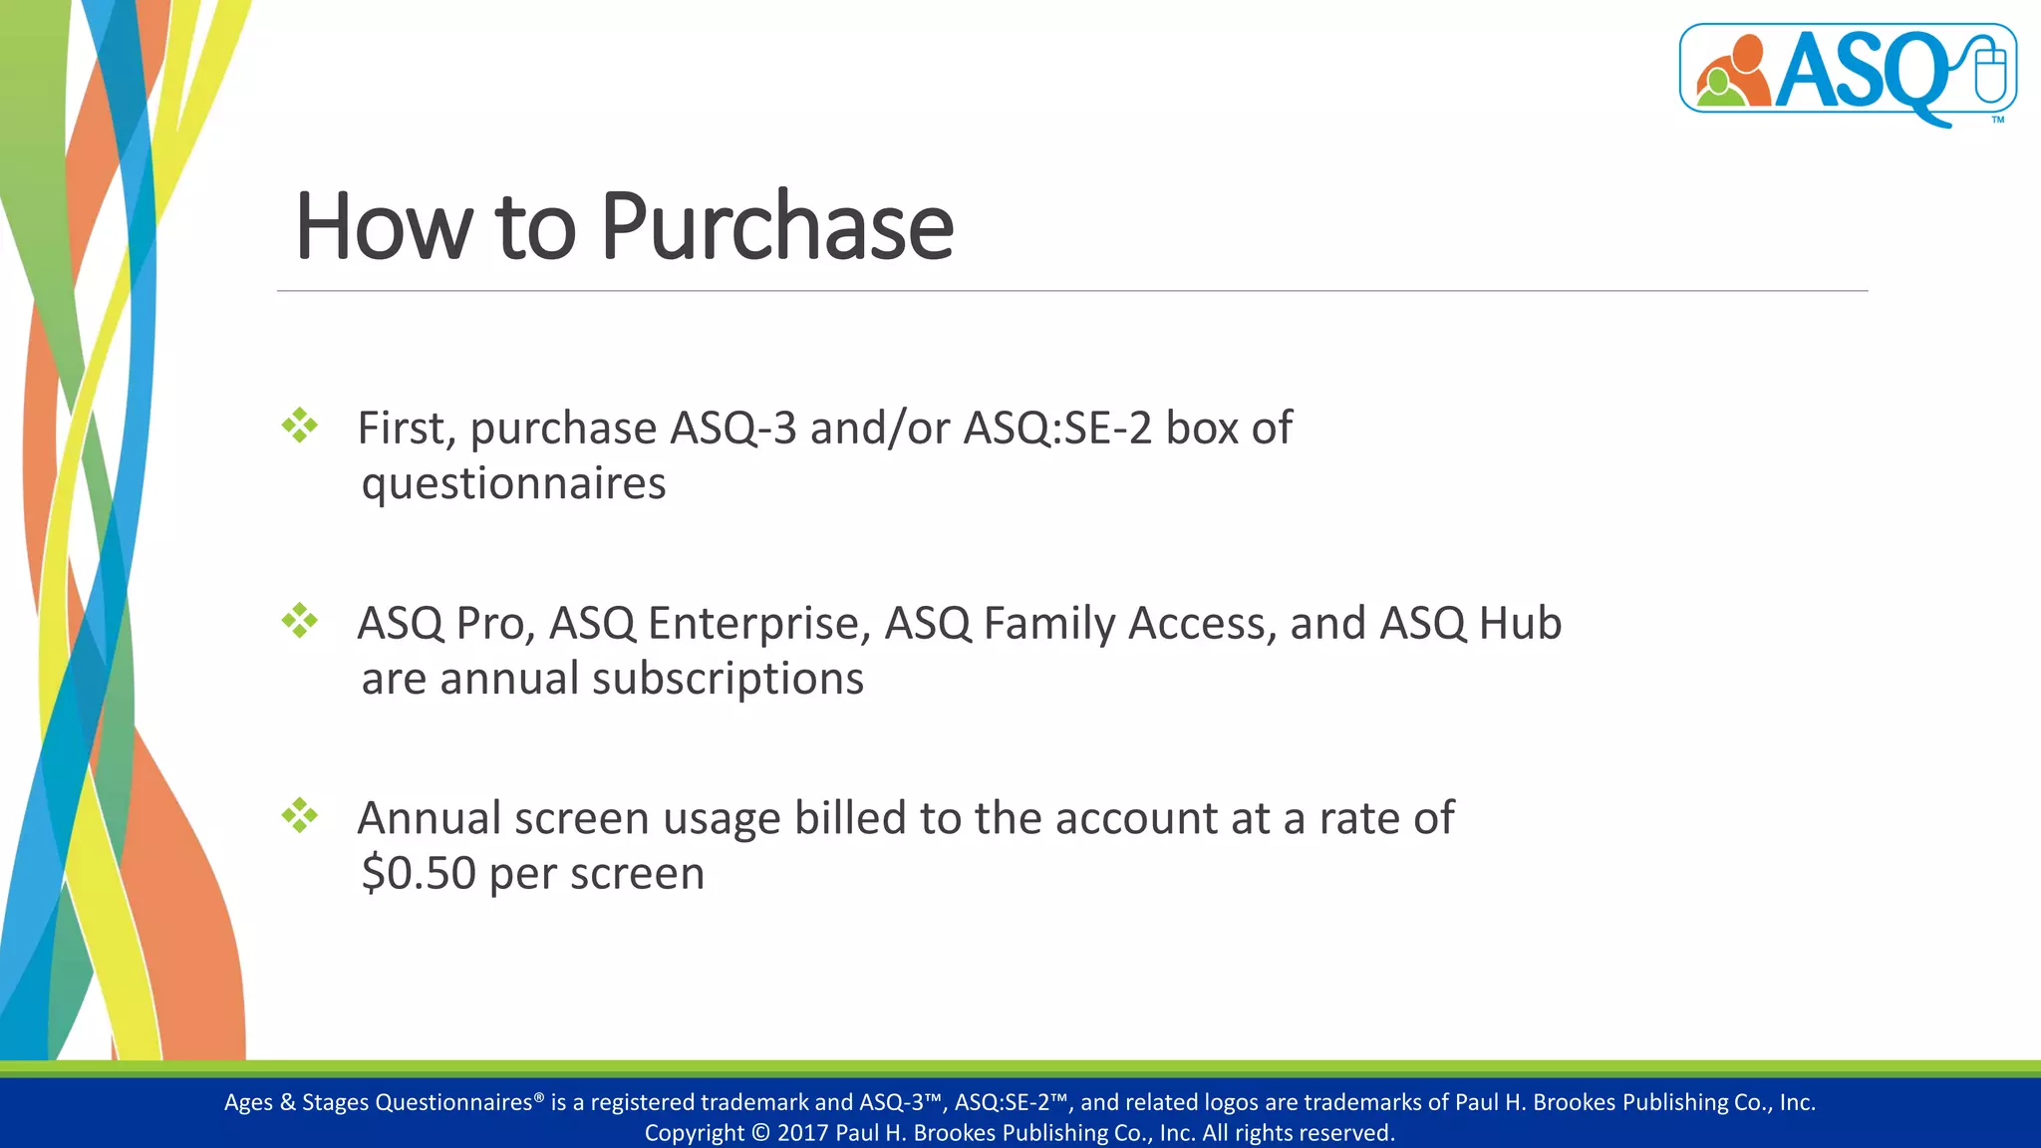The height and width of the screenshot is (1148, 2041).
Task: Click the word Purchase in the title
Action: pyautogui.click(x=776, y=227)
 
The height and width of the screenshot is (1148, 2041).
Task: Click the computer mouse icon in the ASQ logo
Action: pyautogui.click(x=1990, y=70)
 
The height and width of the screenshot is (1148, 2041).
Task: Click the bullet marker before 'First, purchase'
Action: pyautogui.click(x=299, y=426)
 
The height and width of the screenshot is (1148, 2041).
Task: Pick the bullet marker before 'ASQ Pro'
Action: pyautogui.click(x=299, y=621)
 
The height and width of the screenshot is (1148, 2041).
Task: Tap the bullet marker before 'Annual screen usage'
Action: pyautogui.click(x=299, y=816)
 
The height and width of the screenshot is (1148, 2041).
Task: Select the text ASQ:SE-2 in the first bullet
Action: pyautogui.click(x=1057, y=429)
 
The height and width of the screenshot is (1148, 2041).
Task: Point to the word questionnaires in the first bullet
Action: pyautogui.click(x=513, y=484)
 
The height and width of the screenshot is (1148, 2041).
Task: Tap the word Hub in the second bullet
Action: pyautogui.click(x=1520, y=624)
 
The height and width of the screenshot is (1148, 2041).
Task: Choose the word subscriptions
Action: pyautogui.click(x=728, y=679)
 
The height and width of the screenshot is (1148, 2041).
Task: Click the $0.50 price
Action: pyautogui.click(x=419, y=873)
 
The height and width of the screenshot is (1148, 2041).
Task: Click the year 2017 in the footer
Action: pyautogui.click(x=802, y=1133)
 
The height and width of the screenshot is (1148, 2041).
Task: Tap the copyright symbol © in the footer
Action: pyautogui.click(x=760, y=1133)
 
